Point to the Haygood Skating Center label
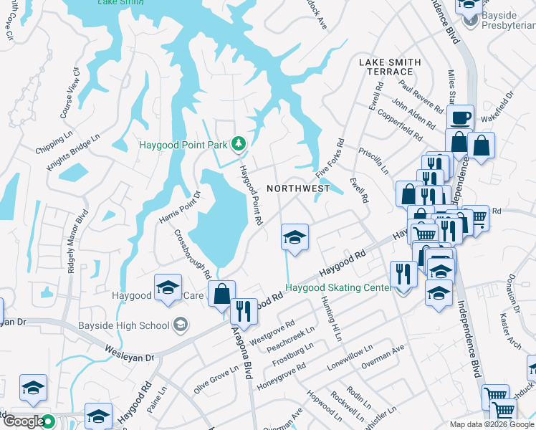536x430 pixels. point(339,288)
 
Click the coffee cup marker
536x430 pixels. point(459,117)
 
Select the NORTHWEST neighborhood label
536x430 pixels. point(298,188)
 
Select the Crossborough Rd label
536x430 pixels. point(192,254)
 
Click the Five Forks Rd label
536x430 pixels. point(330,158)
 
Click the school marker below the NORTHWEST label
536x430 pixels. point(294,237)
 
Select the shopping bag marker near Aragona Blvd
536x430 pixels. point(221,293)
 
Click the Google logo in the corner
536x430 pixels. point(24,421)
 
